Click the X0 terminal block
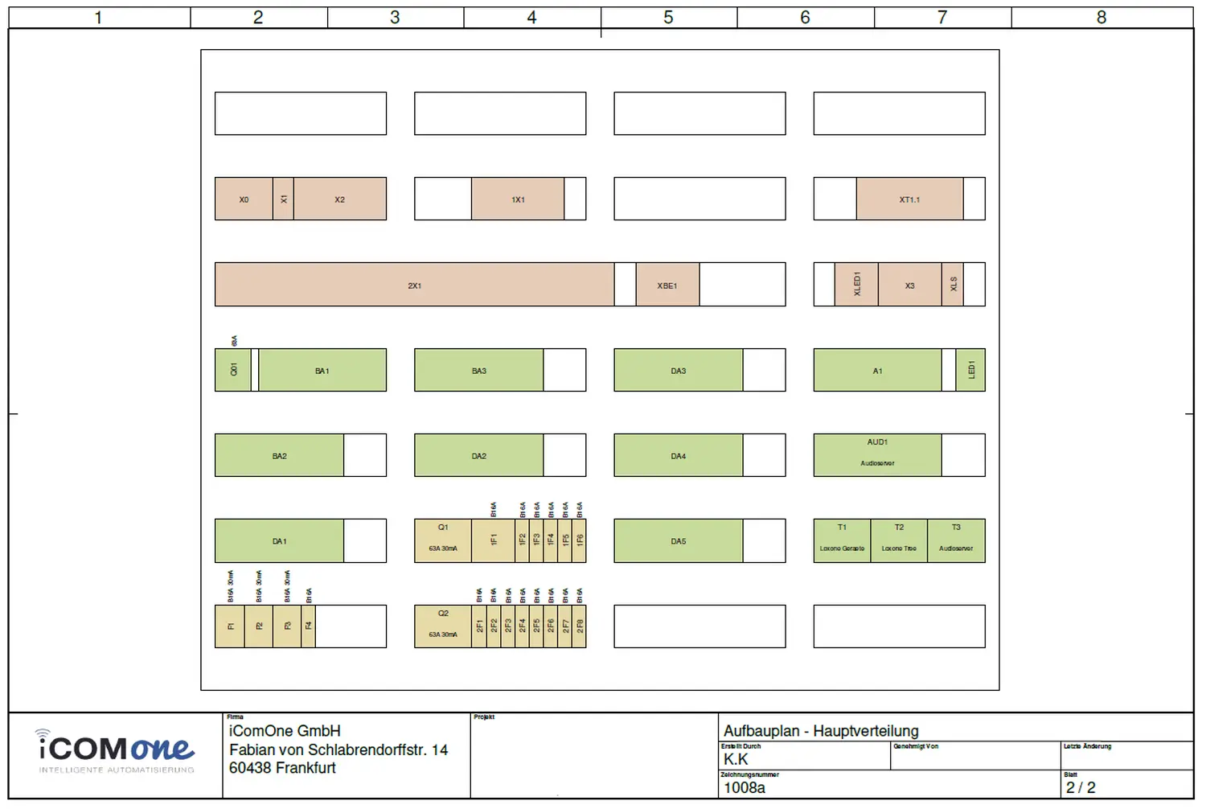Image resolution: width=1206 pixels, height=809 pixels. [244, 199]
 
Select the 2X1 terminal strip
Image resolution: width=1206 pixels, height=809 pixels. [414, 285]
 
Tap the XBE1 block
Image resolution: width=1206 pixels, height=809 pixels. [667, 285]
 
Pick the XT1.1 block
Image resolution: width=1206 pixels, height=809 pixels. [909, 199]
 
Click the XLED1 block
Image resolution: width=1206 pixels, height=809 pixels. [856, 285]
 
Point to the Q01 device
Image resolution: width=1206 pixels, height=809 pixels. [233, 370]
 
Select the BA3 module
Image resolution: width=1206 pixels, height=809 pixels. [479, 370]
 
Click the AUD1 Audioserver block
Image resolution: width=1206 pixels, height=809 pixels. [877, 455]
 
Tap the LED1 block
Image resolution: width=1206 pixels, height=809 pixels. [970, 370]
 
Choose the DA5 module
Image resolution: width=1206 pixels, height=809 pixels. [679, 540]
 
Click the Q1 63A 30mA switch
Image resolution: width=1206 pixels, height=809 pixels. [443, 540]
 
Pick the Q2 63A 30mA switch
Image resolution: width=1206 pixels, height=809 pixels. [443, 626]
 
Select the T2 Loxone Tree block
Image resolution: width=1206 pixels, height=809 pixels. [899, 540]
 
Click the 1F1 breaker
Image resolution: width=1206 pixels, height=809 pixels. [494, 540]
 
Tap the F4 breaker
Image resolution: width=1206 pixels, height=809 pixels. [309, 626]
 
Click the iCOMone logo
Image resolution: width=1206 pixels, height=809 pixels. [116, 749]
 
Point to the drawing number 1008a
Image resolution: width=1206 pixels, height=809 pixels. [745, 788]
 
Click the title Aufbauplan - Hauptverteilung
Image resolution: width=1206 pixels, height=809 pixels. [821, 731]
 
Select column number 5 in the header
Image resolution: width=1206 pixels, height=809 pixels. [668, 18]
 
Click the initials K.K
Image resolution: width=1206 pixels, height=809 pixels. [736, 759]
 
